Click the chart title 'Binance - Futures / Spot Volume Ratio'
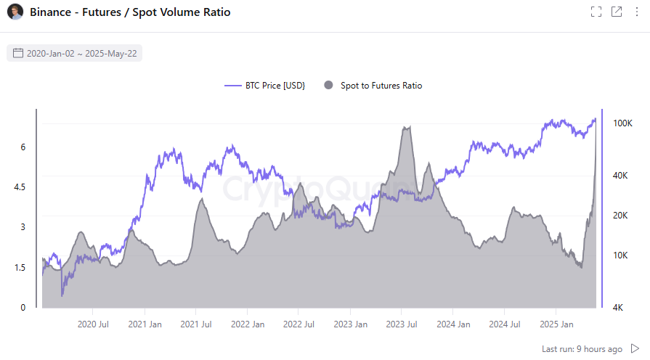[x=130, y=12]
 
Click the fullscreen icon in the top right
[x=596, y=12]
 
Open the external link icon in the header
[x=617, y=12]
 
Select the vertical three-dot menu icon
[x=637, y=12]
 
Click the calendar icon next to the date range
[x=18, y=53]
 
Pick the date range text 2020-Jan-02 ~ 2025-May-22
[x=82, y=53]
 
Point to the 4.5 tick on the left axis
[x=19, y=187]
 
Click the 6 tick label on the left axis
[x=23, y=147]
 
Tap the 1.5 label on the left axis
[x=19, y=268]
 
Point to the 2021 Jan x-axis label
[x=145, y=324]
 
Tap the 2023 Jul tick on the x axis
[x=401, y=324]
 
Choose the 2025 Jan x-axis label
[x=556, y=324]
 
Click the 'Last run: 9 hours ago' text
[x=582, y=349]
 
